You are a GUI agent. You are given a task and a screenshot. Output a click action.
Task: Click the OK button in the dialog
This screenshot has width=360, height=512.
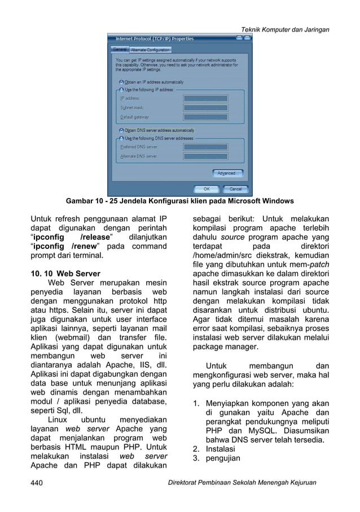(x=207, y=189)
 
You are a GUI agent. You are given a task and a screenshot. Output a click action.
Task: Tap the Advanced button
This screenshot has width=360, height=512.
(x=227, y=173)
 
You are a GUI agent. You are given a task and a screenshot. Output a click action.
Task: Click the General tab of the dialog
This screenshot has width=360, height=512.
(x=120, y=49)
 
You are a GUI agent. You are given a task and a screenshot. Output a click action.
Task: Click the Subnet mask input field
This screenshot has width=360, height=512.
(x=205, y=107)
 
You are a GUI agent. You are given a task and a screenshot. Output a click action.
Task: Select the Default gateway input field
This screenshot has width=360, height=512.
(x=205, y=117)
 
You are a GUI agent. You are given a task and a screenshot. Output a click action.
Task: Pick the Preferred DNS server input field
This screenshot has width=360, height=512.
(x=205, y=146)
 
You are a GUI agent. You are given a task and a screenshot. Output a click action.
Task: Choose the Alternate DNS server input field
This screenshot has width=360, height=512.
(x=205, y=156)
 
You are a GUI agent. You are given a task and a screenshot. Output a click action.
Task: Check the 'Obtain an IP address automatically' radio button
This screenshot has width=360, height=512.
(x=121, y=81)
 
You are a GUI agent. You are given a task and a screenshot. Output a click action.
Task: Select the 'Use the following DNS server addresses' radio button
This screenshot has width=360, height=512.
(x=121, y=137)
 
